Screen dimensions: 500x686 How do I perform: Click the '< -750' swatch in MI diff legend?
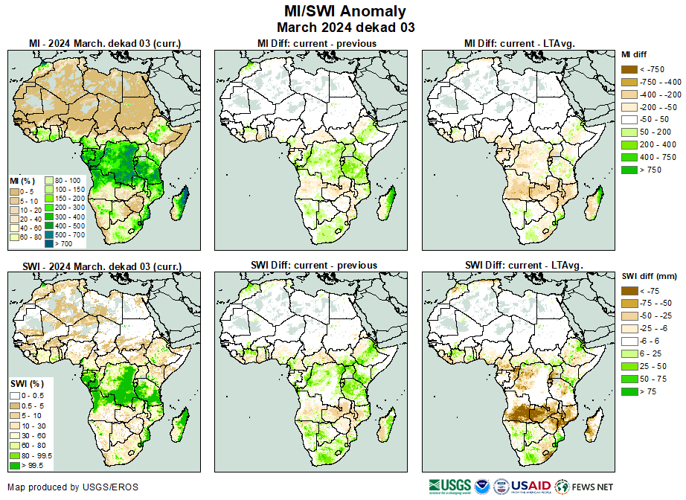pos(629,68)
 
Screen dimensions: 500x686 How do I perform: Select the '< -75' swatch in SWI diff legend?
pos(629,291)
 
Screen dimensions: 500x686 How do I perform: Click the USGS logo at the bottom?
pos(450,487)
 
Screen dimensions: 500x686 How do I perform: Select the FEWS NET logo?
pos(585,487)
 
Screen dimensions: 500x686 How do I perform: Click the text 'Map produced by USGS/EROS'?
pos(73,487)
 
